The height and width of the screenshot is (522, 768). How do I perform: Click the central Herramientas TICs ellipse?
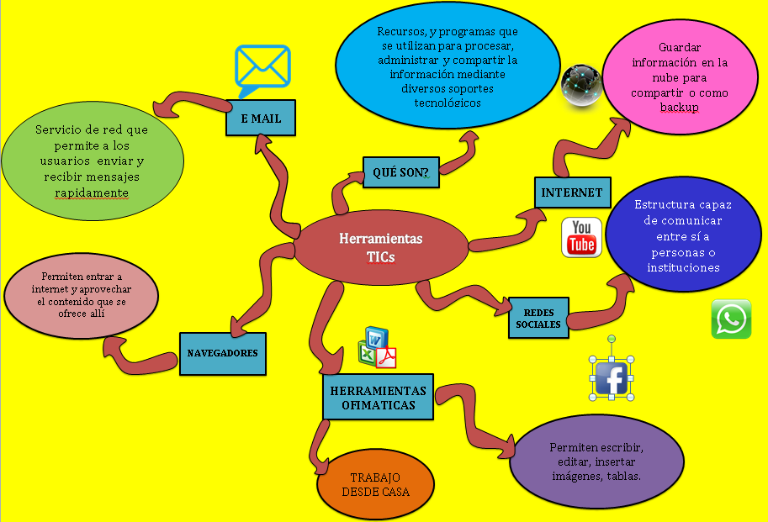click(380, 247)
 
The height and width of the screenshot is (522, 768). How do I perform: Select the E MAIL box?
click(260, 119)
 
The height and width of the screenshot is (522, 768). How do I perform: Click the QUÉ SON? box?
click(401, 172)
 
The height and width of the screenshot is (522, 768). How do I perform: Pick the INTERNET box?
click(572, 192)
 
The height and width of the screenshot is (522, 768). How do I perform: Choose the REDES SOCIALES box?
click(538, 318)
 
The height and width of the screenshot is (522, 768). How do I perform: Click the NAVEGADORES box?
click(223, 353)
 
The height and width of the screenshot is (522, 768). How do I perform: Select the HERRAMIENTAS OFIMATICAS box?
click(378, 397)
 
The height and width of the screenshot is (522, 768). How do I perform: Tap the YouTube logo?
click(582, 237)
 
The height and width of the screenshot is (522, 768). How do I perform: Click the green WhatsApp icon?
click(731, 319)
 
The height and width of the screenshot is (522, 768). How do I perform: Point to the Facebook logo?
click(613, 378)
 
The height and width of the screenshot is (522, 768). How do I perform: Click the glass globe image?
click(581, 86)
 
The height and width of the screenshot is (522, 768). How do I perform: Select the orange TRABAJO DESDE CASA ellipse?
click(375, 485)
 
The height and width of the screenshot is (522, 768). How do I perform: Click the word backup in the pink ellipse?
click(679, 107)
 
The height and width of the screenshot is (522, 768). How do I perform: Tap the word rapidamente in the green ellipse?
click(92, 192)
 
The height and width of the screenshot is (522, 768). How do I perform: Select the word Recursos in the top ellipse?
click(400, 32)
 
